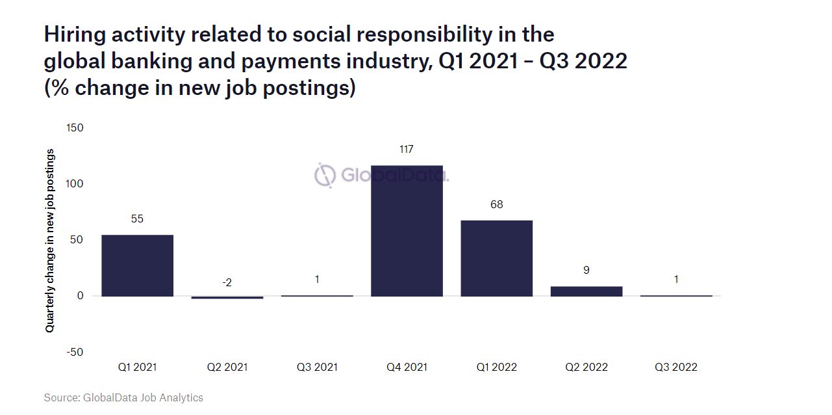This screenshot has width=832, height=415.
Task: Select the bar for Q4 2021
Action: (x=407, y=231)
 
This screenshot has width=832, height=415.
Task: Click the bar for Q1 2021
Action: (x=137, y=265)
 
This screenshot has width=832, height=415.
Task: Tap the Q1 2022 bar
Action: (x=496, y=258)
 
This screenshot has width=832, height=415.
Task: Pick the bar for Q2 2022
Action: (x=586, y=291)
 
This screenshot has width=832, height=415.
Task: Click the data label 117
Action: (x=407, y=150)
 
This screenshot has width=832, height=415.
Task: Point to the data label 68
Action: (x=496, y=205)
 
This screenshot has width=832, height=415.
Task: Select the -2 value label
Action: (x=227, y=282)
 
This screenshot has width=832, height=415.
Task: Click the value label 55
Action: (x=137, y=219)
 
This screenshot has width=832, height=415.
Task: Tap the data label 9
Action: (x=586, y=270)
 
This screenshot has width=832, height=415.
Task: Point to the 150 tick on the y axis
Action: (x=75, y=127)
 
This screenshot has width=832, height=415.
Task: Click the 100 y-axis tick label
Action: (x=75, y=184)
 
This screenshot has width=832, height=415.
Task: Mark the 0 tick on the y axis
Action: (x=80, y=296)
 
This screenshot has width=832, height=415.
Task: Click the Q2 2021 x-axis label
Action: (x=227, y=367)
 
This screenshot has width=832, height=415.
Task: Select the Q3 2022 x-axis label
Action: (x=675, y=367)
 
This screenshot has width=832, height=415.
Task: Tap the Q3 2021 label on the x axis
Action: (x=317, y=367)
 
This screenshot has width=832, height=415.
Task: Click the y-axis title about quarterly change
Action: (x=50, y=241)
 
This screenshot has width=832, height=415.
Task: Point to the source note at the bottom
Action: (x=123, y=397)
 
